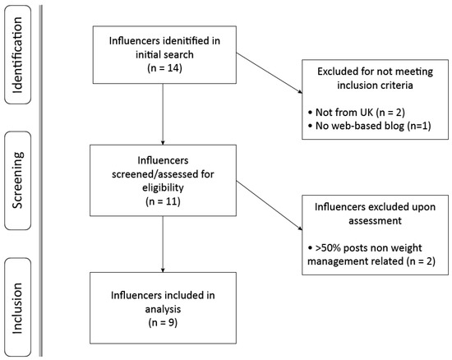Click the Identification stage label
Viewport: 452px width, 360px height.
pyautogui.click(x=17, y=55)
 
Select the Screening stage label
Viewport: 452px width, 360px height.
pyautogui.click(x=17, y=180)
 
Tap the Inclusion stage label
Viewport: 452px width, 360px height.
pyautogui.click(x=17, y=308)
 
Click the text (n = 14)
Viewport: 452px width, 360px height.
pyautogui.click(x=164, y=68)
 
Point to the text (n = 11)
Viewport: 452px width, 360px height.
pyautogui.click(x=164, y=201)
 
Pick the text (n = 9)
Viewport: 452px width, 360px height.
pyautogui.click(x=163, y=322)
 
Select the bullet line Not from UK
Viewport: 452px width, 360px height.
pyautogui.click(x=357, y=112)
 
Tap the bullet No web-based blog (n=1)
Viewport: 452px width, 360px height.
pyautogui.click(x=370, y=126)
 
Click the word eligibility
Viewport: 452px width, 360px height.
pyautogui.click(x=163, y=187)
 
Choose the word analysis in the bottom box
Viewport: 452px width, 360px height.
pyautogui.click(x=163, y=309)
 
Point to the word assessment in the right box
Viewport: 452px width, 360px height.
pyautogui.click(x=375, y=220)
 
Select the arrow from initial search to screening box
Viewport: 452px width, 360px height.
pyautogui.click(x=163, y=114)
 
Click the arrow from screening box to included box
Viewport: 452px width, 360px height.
pyautogui.click(x=163, y=244)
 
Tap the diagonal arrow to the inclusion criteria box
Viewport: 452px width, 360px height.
pyautogui.click(x=270, y=73)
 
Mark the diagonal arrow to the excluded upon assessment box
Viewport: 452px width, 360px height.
pyautogui.click(x=270, y=205)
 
